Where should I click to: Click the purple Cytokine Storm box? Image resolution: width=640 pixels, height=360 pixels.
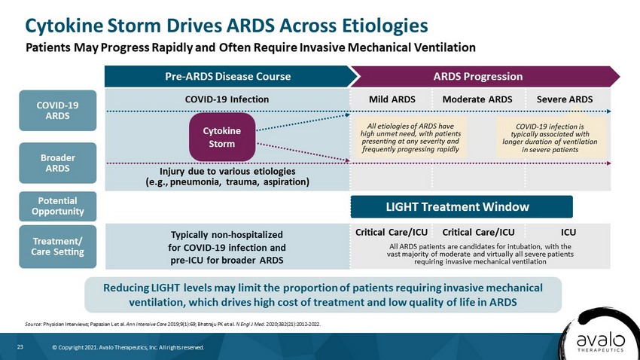point(222,137)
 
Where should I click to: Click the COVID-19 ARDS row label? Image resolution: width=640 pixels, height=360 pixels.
point(57,111)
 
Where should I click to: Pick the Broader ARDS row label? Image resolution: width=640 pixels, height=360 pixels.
point(57,163)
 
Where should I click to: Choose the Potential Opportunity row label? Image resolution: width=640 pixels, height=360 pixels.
point(57,206)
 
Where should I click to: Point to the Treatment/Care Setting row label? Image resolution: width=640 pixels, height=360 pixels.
point(57,246)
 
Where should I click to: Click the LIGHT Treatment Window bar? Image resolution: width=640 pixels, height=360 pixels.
point(462,206)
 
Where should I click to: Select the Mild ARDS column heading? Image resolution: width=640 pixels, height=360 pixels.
point(392,99)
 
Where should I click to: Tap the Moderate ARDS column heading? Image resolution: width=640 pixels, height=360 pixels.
point(477,99)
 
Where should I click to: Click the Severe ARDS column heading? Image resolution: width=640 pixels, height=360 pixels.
point(565,99)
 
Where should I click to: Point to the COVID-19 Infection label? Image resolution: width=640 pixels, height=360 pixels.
point(227,99)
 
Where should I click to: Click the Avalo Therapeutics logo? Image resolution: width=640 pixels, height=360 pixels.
point(600,341)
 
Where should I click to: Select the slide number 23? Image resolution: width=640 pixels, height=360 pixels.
point(20,347)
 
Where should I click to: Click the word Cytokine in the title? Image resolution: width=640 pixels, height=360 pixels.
point(64,26)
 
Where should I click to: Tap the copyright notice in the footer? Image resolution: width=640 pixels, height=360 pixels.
point(128,347)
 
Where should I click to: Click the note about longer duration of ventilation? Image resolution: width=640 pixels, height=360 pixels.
point(550,138)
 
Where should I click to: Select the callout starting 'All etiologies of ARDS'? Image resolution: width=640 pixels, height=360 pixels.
point(410,138)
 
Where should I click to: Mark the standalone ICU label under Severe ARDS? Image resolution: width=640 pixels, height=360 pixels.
point(568,232)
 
